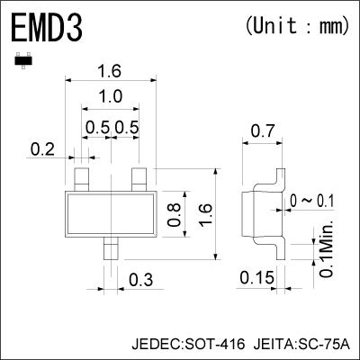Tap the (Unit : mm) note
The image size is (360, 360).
[296, 26]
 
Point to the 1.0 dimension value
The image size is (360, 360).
[111, 97]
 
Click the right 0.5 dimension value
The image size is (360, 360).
[127, 127]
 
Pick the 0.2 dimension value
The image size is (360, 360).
[42, 149]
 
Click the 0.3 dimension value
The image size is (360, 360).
[139, 279]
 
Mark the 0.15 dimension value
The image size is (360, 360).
[257, 279]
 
